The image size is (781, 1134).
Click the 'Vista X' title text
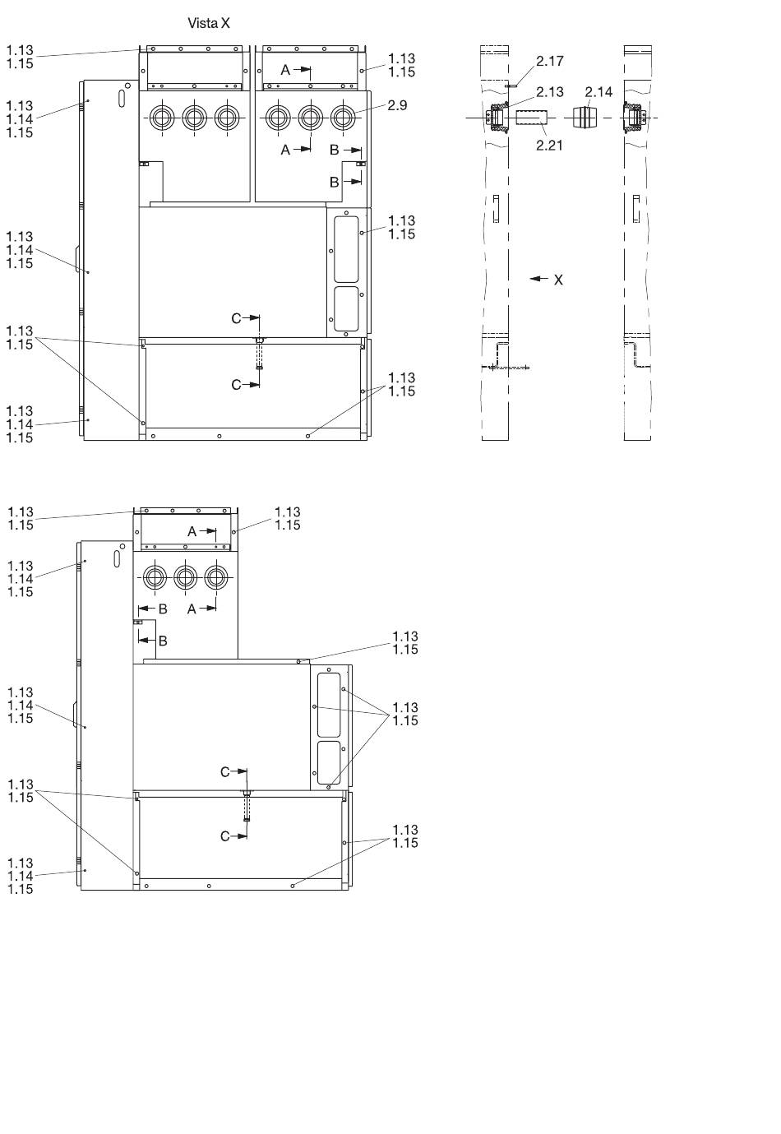(x=209, y=23)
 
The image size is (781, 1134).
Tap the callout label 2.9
(x=397, y=105)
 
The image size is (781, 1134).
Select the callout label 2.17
(x=550, y=61)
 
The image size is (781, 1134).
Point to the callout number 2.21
(x=549, y=146)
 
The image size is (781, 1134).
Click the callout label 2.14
(x=598, y=92)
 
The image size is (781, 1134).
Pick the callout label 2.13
(x=550, y=92)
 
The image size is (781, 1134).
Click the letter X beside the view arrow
(x=558, y=280)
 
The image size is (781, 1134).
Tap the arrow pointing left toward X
(x=538, y=279)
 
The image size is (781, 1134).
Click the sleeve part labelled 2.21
(x=531, y=118)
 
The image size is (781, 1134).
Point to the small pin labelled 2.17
(x=511, y=86)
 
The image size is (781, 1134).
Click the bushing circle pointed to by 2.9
(x=343, y=118)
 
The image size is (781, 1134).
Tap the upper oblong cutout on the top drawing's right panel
(x=346, y=250)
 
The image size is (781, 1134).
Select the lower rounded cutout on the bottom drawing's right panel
(x=329, y=762)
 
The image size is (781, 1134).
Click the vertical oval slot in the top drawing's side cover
(x=122, y=98)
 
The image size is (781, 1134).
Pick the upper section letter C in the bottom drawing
(x=225, y=771)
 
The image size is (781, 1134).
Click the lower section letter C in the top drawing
(x=236, y=385)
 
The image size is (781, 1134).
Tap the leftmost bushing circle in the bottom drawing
(x=155, y=577)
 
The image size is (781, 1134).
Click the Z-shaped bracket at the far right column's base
(x=637, y=355)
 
